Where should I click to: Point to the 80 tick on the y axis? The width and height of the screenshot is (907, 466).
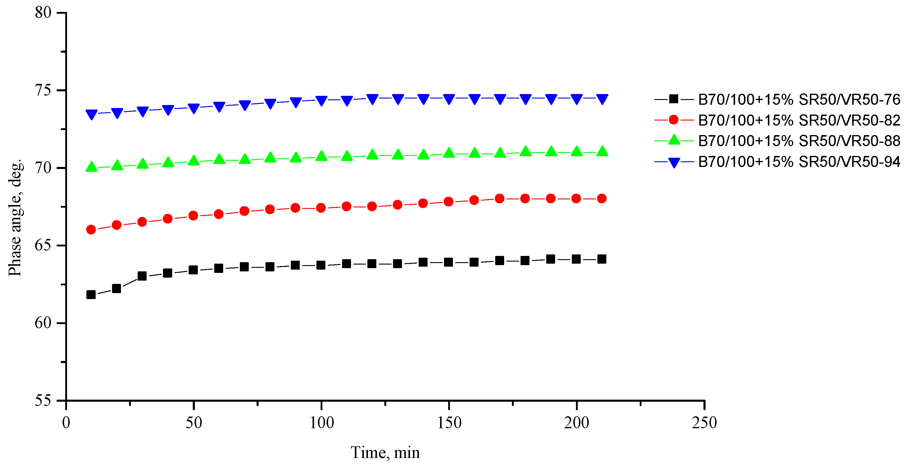tap(43, 13)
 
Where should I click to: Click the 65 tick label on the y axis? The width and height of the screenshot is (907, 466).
tap(43, 245)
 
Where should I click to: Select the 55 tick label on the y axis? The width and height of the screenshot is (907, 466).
tap(43, 400)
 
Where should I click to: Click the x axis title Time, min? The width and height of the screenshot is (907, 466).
tap(385, 453)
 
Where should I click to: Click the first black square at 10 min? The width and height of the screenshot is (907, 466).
tap(91, 294)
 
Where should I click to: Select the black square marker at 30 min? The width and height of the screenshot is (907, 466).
tap(142, 276)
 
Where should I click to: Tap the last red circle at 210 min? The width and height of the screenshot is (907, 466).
tap(602, 198)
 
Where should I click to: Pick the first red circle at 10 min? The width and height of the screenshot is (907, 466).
tap(91, 230)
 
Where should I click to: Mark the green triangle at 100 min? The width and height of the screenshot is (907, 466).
tap(322, 156)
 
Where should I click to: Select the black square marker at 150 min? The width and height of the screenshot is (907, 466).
tap(448, 262)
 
